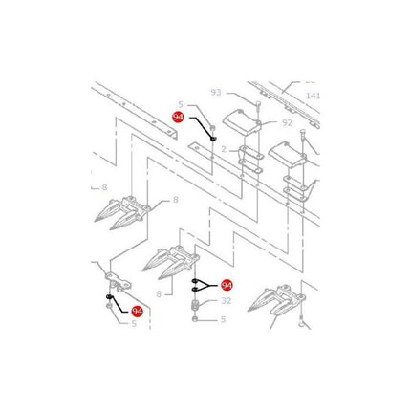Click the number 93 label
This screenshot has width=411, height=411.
216,93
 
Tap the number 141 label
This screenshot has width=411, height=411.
313,96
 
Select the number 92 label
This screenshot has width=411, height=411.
287,122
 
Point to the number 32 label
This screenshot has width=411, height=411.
226,301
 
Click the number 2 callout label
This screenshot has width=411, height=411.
224,149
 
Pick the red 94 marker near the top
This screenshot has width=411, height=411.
178,118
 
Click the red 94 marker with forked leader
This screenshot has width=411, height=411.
227,285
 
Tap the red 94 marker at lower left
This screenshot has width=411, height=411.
137,312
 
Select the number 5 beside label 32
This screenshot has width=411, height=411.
223,319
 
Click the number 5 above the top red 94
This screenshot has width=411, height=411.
181,104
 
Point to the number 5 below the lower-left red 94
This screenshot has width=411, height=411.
134,324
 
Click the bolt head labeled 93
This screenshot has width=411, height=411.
257,103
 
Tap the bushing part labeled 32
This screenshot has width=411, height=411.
195,305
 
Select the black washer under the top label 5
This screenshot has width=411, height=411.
213,139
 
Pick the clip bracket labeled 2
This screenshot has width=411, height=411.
250,160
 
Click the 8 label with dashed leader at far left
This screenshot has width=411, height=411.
104,187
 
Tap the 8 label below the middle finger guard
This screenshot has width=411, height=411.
159,294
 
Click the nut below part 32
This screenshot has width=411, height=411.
195,319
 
